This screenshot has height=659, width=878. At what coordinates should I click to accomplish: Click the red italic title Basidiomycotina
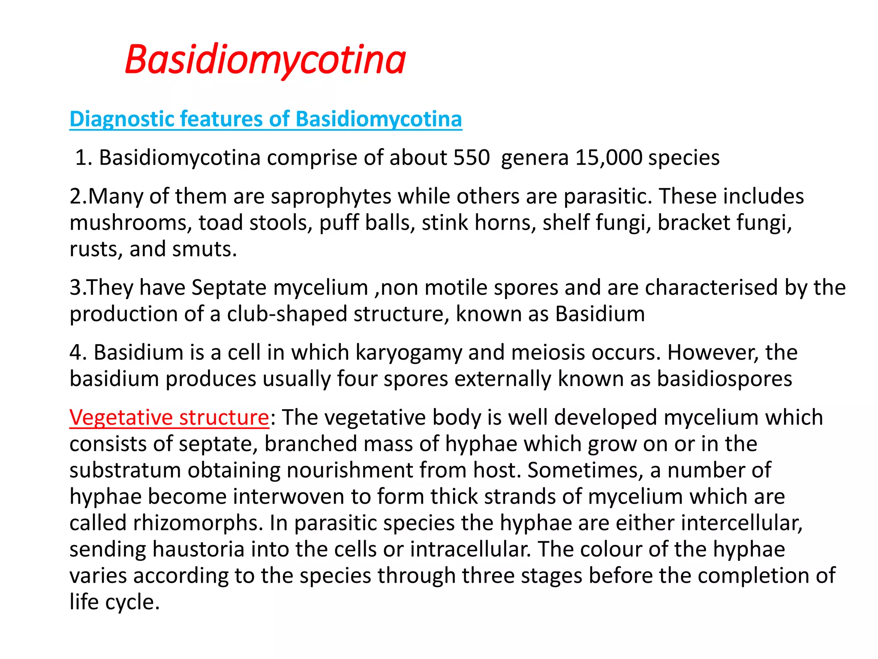pyautogui.click(x=265, y=60)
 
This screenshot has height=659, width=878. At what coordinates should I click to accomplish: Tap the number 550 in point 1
pyautogui.click(x=472, y=158)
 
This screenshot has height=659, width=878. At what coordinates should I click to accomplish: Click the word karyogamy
pyautogui.click(x=409, y=353)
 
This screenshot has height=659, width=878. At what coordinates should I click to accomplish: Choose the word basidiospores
pyautogui.click(x=725, y=379)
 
